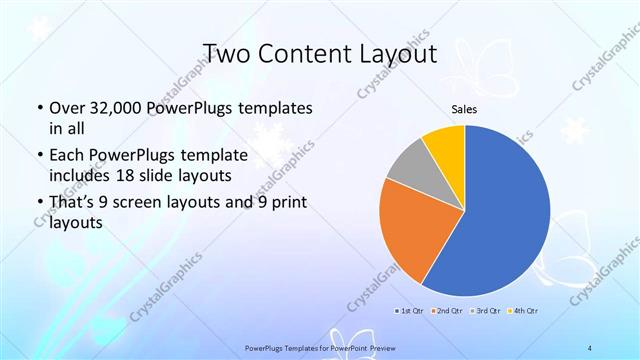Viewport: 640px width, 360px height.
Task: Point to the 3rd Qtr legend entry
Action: click(x=485, y=311)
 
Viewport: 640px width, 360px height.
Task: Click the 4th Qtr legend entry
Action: click(x=525, y=311)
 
